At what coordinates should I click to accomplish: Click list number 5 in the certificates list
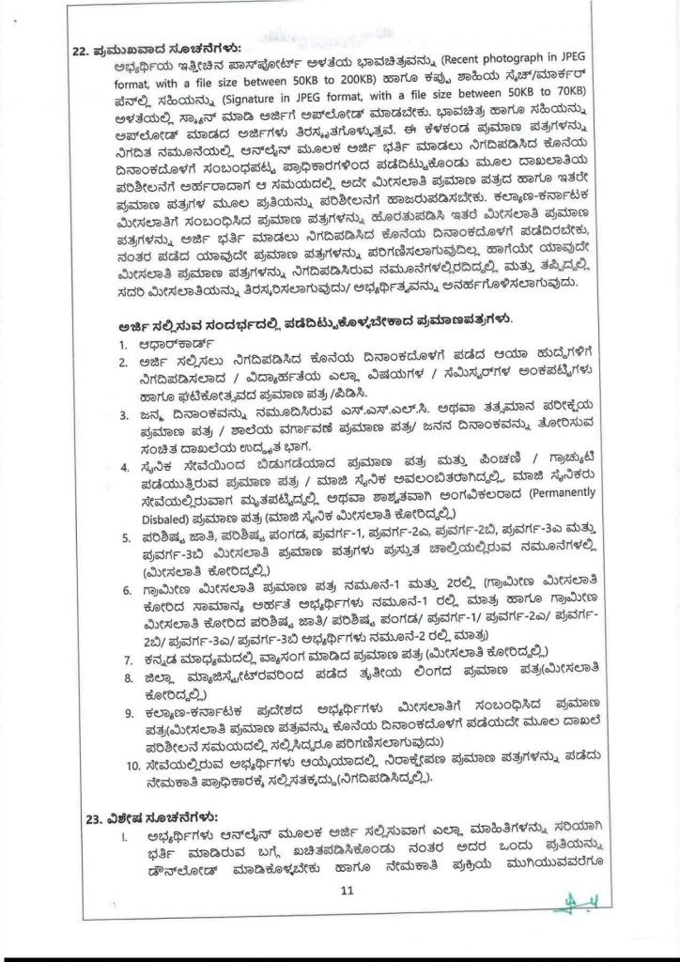click(125, 538)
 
